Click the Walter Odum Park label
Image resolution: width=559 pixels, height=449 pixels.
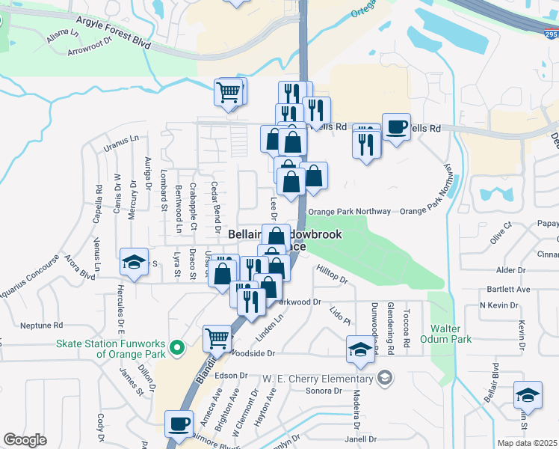(x=451, y=334)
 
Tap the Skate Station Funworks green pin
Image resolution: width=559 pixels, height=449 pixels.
(x=177, y=347)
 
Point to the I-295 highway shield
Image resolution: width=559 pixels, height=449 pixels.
(x=551, y=34)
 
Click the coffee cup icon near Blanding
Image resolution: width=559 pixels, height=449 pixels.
(x=179, y=424)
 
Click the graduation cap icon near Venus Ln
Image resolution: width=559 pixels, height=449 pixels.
(x=134, y=262)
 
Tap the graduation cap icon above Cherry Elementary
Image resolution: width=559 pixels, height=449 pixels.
(x=360, y=349)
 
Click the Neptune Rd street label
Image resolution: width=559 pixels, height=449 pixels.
(x=42, y=326)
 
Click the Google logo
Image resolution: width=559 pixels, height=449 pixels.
(x=25, y=440)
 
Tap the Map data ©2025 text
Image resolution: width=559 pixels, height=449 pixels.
(x=527, y=443)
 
